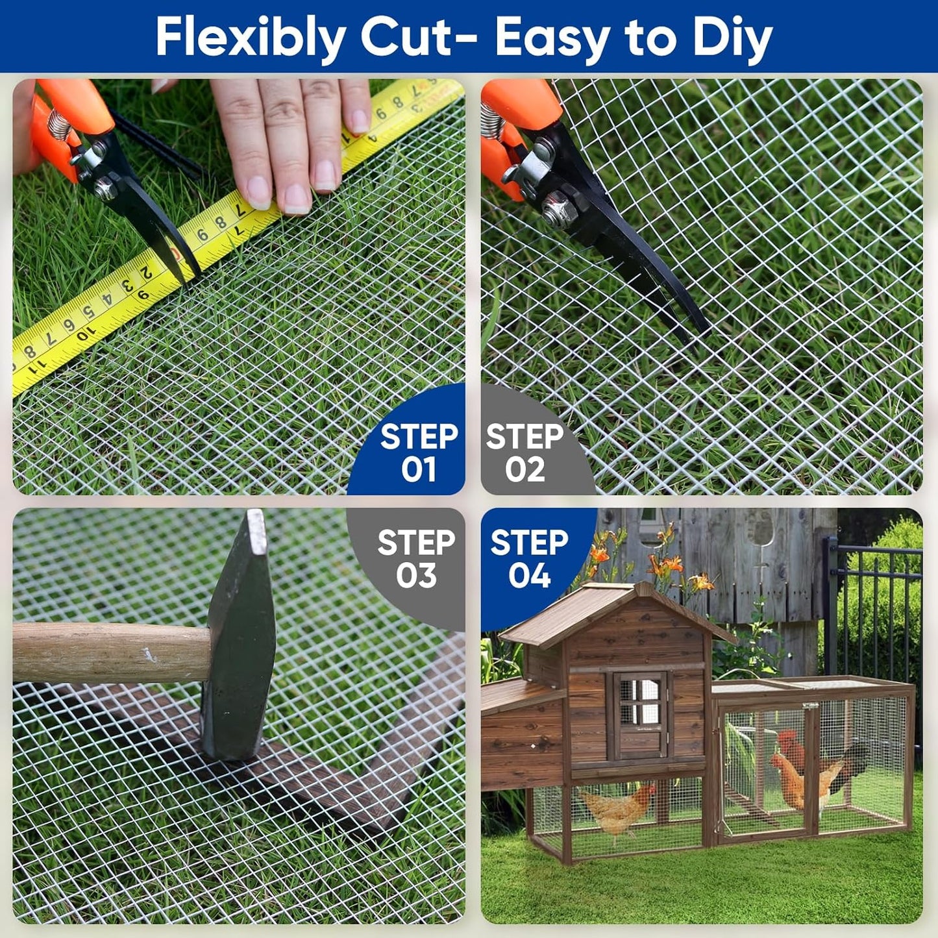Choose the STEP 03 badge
pyautogui.click(x=415, y=559)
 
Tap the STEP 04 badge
pyautogui.click(x=529, y=559)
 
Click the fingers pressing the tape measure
pyautogui.click(x=292, y=143)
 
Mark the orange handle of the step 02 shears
pyautogui.click(x=513, y=130)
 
